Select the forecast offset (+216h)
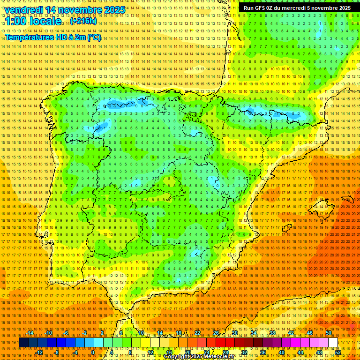point(83,21)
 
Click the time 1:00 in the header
point(17,22)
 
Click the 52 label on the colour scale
point(338,352)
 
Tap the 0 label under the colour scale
point(92,352)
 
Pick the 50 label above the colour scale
point(329,333)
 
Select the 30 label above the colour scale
point(234,333)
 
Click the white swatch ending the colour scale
point(333,343)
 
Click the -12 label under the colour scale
point(39,352)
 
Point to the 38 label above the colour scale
point(272,333)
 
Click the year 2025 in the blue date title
point(114,10)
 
